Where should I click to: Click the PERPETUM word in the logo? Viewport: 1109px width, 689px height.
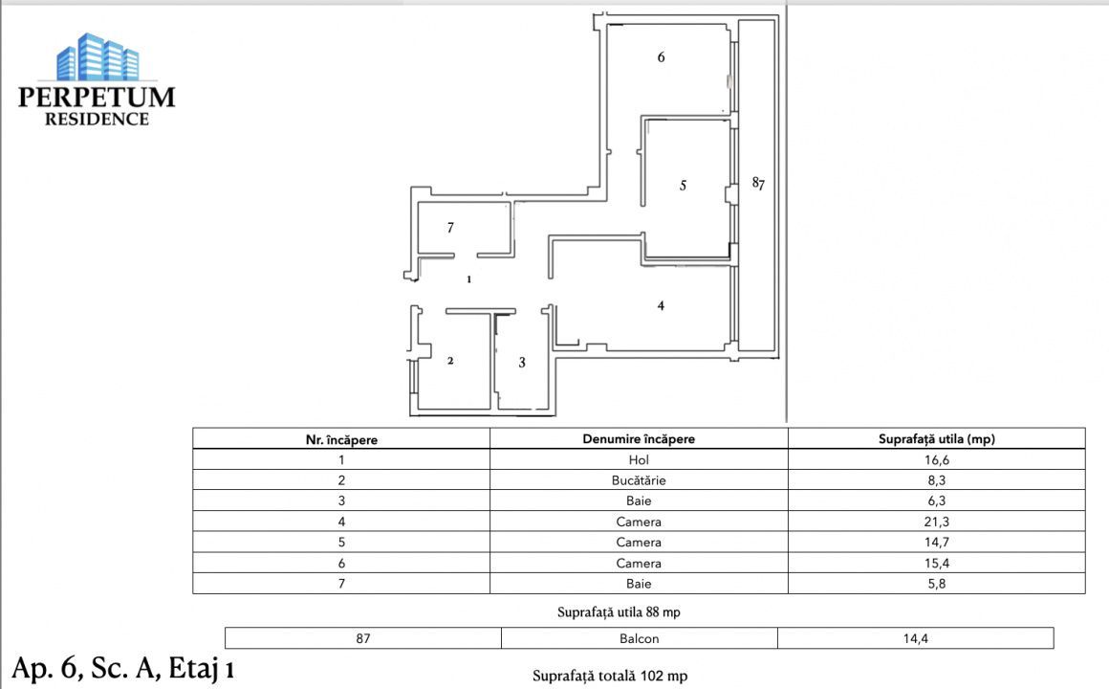(97, 97)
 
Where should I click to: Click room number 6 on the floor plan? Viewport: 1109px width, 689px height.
(661, 57)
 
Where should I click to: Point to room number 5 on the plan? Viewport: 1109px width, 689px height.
(683, 186)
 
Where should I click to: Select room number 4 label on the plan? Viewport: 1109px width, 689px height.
(661, 306)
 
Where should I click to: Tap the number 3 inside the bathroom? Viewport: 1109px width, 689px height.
(521, 363)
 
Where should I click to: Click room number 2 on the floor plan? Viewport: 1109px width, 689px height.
(449, 361)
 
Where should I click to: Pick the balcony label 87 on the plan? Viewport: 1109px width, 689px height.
(757, 183)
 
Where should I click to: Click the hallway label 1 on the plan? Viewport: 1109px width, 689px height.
(468, 280)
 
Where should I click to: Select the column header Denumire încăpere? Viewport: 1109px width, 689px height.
(638, 439)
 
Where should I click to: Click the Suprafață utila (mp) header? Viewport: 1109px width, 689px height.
(936, 439)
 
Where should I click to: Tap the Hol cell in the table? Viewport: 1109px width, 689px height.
(638, 460)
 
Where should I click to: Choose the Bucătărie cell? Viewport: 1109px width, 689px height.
(638, 481)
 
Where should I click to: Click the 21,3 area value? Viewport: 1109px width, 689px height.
(936, 522)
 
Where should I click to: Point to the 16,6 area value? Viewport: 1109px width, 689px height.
(936, 460)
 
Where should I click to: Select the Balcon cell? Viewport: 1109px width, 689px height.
(639, 638)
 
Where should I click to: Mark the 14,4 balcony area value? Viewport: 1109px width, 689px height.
(915, 638)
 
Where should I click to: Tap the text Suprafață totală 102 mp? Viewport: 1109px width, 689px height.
(609, 676)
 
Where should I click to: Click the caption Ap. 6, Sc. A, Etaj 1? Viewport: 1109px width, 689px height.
(122, 668)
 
